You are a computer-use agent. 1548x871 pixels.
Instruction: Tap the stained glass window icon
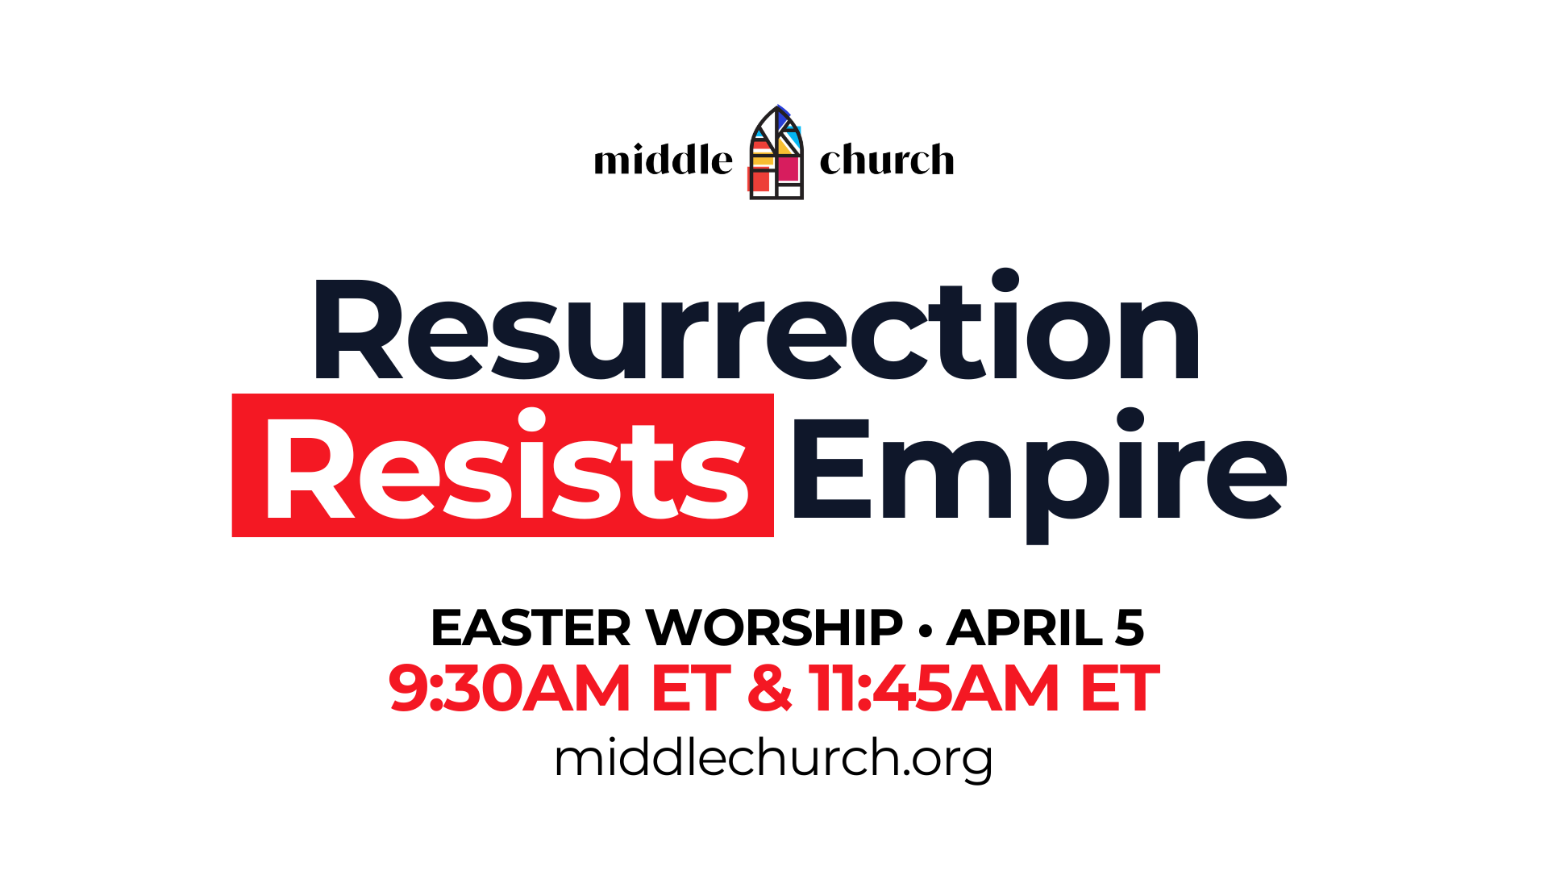pos(776,152)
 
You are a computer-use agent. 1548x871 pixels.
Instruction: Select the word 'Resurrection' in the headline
pos(756,326)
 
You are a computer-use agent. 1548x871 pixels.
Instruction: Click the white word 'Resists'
pos(506,465)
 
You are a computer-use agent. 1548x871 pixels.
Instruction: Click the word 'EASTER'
pos(531,627)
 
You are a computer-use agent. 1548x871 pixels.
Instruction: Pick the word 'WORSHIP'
pos(775,627)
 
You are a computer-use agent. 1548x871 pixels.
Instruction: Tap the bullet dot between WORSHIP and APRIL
pos(926,629)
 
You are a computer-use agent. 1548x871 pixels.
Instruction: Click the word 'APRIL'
pos(1025,627)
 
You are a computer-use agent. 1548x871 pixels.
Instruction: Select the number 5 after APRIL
pos(1130,627)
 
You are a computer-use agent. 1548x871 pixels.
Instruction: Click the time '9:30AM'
pos(509,688)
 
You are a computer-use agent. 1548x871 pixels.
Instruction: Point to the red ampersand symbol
pos(770,688)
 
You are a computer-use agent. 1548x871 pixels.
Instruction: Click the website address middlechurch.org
pos(773,759)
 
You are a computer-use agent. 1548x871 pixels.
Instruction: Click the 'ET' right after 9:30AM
pos(690,688)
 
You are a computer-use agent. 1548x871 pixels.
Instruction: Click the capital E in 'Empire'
pos(832,469)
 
